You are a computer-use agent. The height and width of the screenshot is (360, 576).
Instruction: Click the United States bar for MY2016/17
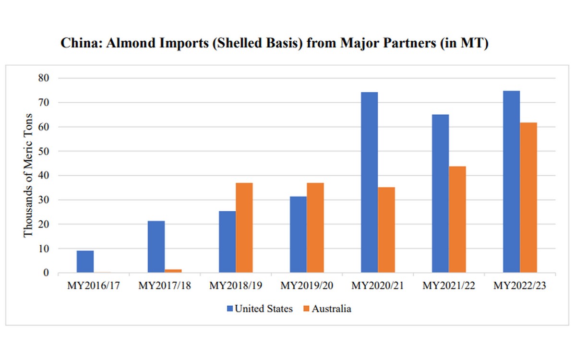85,262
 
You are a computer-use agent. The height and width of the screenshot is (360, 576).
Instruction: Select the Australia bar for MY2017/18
173,271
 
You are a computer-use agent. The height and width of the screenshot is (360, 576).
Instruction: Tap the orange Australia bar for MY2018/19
244,228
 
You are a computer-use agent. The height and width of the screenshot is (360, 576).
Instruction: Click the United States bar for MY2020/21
369,182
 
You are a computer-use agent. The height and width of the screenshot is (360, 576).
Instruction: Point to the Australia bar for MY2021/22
457,219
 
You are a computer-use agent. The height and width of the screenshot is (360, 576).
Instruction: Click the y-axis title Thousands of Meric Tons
28,175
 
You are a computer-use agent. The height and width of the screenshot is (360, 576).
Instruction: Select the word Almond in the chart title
120,43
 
